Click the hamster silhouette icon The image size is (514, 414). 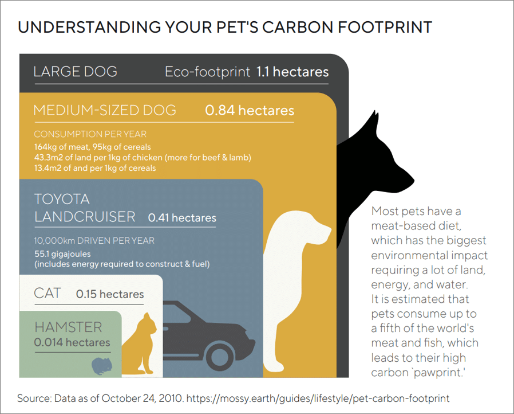point(102,366)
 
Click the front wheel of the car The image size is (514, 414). point(220,357)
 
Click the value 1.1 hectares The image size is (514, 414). point(292,72)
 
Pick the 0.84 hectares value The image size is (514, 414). point(250,110)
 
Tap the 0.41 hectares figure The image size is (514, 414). point(182,218)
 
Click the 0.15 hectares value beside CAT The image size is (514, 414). point(110,294)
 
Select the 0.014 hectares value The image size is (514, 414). point(72,342)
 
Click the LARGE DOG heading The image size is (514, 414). point(75,72)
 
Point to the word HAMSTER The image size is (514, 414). point(68,327)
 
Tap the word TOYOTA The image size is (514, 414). point(62,199)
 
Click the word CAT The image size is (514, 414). point(48,293)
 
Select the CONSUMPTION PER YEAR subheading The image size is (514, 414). point(90,134)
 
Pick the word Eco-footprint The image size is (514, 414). point(207,72)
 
